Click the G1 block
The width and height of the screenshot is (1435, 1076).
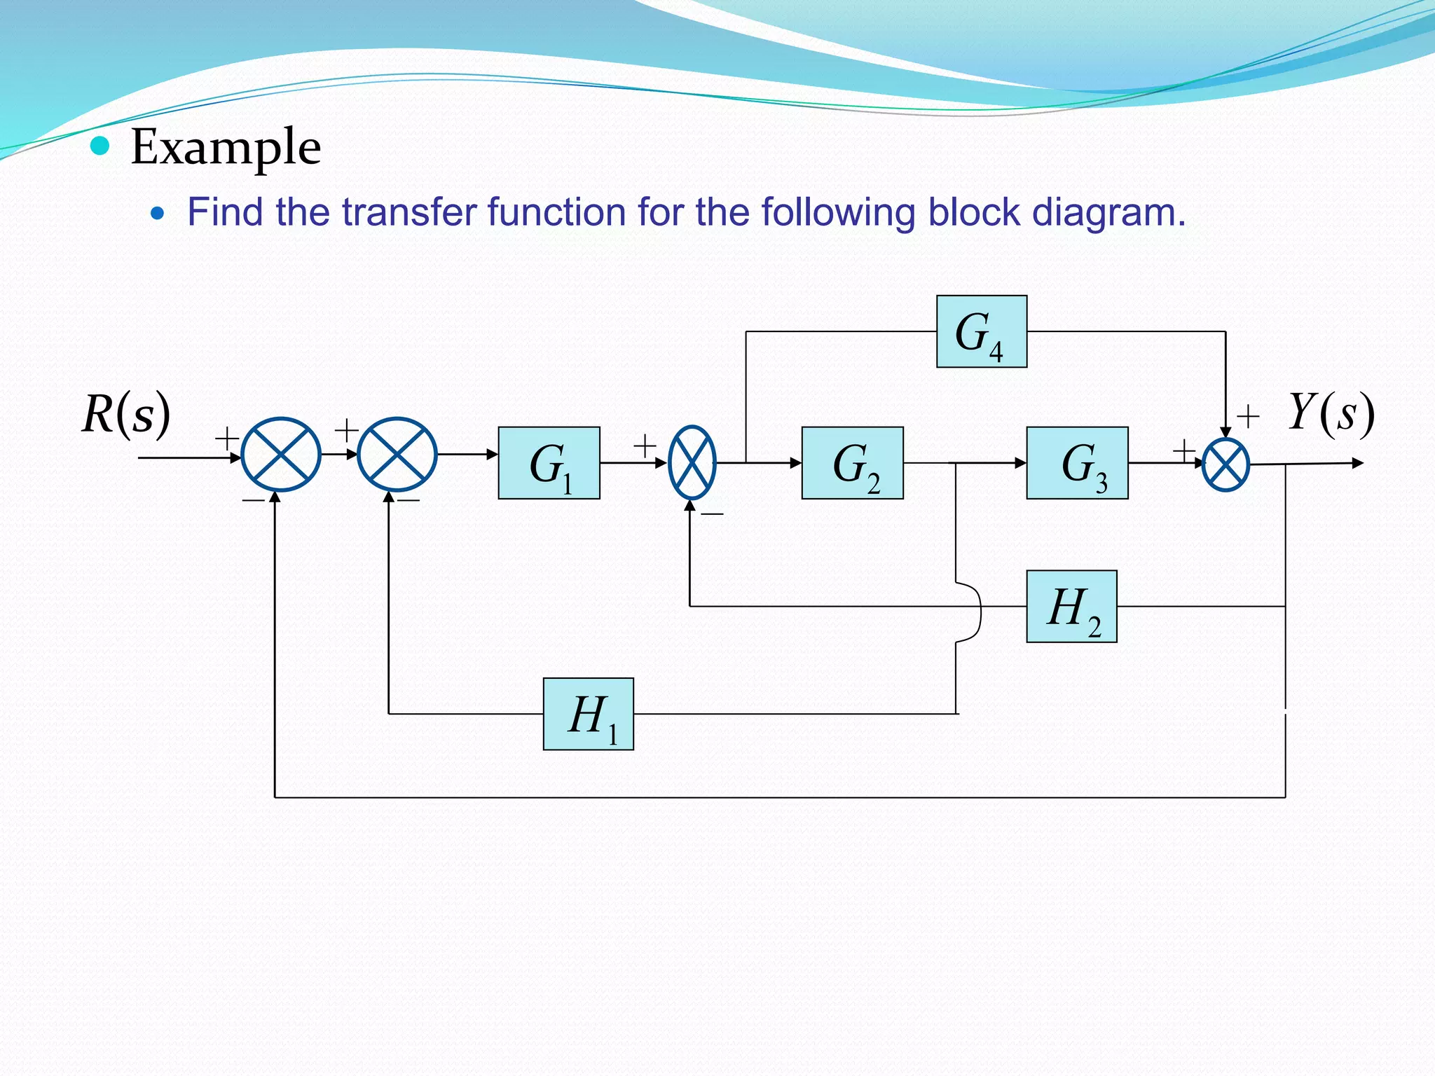pos(549,463)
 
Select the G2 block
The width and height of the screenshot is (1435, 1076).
pos(852,463)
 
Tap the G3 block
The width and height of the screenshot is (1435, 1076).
pos(1077,463)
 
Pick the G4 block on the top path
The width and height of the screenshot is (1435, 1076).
pos(982,331)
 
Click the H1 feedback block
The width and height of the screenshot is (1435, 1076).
pos(589,714)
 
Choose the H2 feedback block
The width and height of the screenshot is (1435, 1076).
pos(1071,607)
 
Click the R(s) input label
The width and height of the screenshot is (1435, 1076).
pos(126,413)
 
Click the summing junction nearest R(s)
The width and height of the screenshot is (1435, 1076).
pos(281,455)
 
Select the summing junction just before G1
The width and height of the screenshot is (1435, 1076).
pos(397,455)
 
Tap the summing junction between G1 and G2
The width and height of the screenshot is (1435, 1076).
pos(692,462)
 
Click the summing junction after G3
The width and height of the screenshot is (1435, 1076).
pos(1225,464)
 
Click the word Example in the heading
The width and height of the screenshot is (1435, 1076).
pos(226,147)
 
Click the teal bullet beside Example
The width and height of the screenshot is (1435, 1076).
pos(101,146)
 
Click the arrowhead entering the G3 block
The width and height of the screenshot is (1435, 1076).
pos(1021,463)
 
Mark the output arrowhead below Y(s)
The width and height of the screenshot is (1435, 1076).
pos(1358,463)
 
